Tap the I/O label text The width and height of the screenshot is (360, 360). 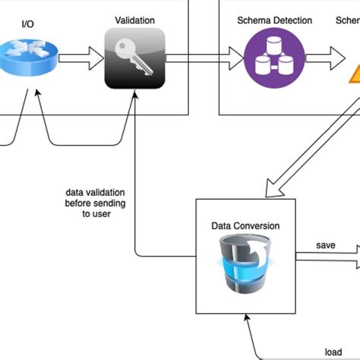click(x=28, y=24)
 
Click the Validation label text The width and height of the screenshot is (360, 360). click(x=134, y=20)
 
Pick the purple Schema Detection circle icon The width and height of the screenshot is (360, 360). click(x=274, y=58)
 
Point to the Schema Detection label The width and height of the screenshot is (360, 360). click(x=274, y=21)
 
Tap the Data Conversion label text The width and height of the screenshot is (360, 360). click(x=245, y=226)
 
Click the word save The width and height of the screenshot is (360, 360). click(x=327, y=246)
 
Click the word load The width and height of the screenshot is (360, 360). click(x=333, y=352)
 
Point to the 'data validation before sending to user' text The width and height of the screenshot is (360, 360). click(x=96, y=204)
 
